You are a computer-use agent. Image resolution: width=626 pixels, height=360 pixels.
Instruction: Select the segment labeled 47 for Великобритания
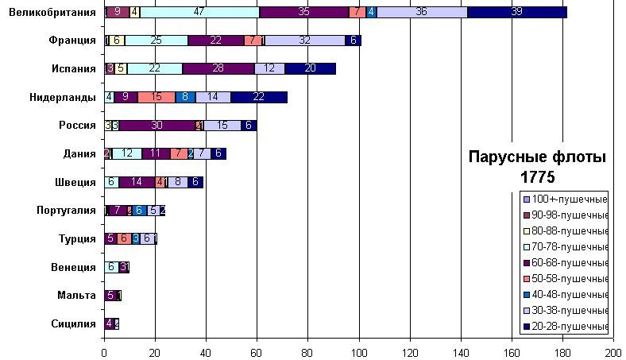point(199,12)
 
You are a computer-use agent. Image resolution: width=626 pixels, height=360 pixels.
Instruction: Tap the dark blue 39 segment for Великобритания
point(516,12)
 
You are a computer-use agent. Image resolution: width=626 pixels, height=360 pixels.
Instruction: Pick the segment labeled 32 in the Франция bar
point(304,41)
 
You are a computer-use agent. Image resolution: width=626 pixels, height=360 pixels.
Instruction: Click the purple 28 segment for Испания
point(218,68)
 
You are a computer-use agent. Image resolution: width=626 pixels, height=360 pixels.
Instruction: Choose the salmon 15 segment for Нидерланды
point(156,97)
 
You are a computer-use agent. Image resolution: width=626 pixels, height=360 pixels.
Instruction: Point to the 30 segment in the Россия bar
point(156,126)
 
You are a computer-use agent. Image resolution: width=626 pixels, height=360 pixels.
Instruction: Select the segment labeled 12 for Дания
point(127,153)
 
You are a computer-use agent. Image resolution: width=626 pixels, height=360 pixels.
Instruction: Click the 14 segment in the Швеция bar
point(137,182)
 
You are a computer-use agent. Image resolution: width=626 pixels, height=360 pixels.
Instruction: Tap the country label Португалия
point(67,210)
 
